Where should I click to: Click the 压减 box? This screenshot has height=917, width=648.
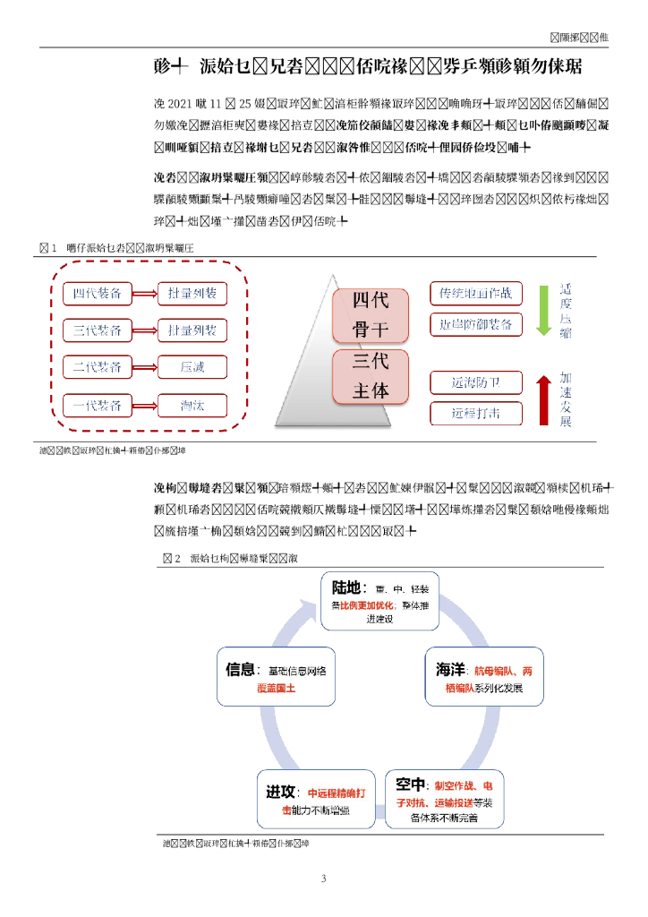(x=192, y=367)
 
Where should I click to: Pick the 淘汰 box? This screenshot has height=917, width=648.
(x=192, y=405)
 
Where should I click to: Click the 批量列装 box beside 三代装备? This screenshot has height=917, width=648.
(x=192, y=330)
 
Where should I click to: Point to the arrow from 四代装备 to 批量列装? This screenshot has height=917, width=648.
(x=145, y=294)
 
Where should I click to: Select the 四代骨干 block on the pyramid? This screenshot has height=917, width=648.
(x=370, y=316)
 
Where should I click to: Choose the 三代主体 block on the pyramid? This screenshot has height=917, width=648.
(x=370, y=376)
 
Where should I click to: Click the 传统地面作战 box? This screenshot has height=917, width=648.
(x=475, y=293)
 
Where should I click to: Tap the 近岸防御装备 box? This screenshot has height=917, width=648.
(x=475, y=323)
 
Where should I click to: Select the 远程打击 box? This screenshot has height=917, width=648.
(x=475, y=413)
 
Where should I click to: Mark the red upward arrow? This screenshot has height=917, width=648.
(x=542, y=399)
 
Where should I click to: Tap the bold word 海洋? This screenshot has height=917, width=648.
(x=449, y=670)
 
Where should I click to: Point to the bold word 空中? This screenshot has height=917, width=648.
(x=410, y=784)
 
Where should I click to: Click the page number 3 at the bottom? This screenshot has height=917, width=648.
(x=324, y=878)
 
